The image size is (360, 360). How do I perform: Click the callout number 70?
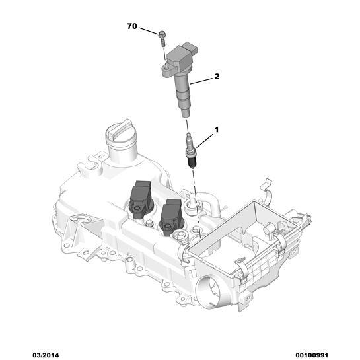click(131, 27)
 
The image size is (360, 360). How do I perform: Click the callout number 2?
click(216, 77)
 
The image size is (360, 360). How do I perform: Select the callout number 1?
click(215, 131)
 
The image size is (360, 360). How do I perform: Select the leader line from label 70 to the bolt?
click(148, 30)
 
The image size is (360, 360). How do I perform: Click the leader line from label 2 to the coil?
click(204, 80)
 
